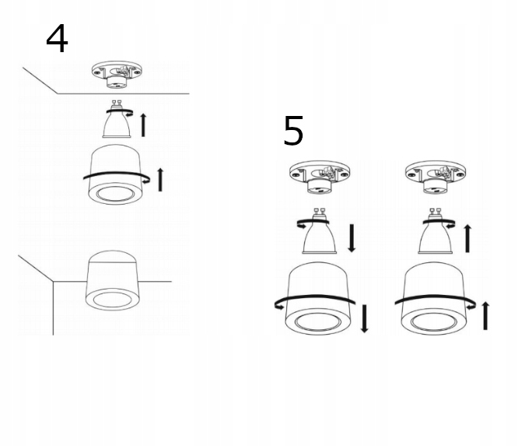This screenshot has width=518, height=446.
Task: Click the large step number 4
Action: click(x=57, y=39)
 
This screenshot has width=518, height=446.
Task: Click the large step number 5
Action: click(x=293, y=132)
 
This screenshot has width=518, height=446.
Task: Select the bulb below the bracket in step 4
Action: click(x=117, y=123)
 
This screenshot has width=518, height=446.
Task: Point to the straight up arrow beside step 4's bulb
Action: click(x=143, y=124)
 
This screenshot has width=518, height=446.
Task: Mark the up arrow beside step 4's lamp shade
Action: click(x=161, y=178)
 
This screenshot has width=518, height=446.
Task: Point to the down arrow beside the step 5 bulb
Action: click(x=352, y=238)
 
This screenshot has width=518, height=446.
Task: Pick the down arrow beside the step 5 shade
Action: click(x=364, y=318)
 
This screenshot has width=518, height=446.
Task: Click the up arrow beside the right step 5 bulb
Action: click(x=467, y=237)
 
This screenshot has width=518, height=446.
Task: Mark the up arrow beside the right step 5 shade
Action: click(x=486, y=315)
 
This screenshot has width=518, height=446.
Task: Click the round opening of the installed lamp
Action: click(x=111, y=299)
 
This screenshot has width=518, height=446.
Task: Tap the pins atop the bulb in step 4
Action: click(x=119, y=107)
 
